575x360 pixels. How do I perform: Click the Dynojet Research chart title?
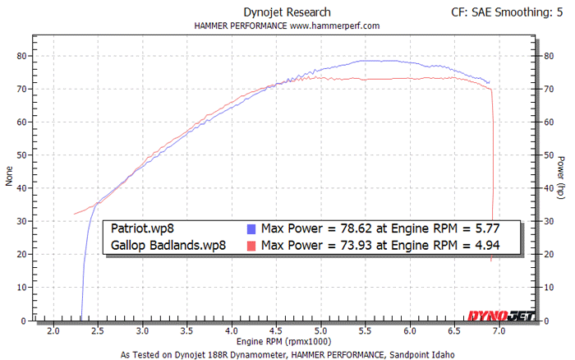[x=287, y=12]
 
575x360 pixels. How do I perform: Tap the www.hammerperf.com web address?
[x=333, y=25]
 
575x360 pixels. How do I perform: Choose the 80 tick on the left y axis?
[x=22, y=56]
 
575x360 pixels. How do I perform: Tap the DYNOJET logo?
[x=501, y=315]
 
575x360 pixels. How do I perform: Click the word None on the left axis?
[x=10, y=178]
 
